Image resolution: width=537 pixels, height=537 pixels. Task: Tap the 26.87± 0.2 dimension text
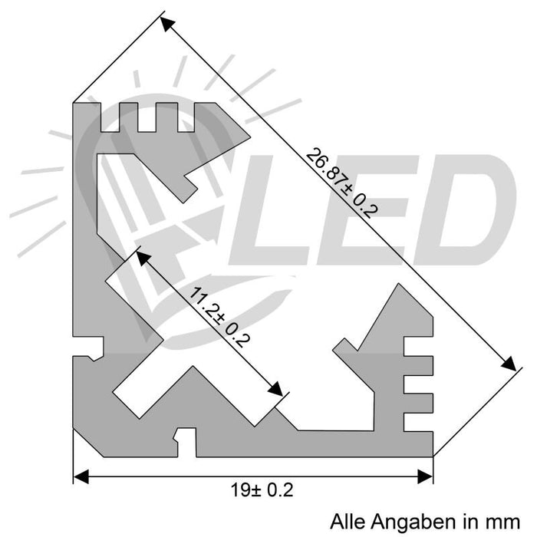point(338,184)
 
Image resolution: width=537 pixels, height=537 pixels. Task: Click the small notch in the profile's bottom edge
point(185,440)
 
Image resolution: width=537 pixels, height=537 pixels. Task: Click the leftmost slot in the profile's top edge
point(110,117)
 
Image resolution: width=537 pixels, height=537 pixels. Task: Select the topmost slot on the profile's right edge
point(418,346)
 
